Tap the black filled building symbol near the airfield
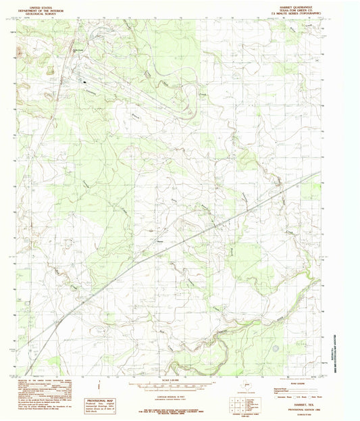[x=84, y=82]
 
